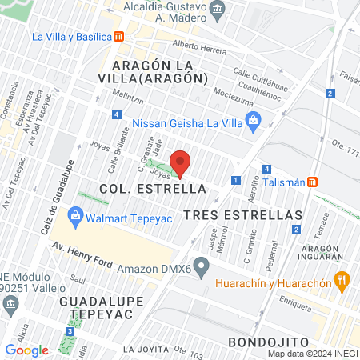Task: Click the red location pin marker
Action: pos(181,163)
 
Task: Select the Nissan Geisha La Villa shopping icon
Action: pos(254,122)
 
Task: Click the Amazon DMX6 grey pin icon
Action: pos(202,266)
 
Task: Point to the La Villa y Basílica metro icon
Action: pos(118,36)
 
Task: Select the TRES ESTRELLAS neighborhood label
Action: pos(242,215)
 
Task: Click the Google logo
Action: pos(26,350)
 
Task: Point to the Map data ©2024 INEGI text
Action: pos(312,353)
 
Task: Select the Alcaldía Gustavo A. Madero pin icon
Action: pos(218,12)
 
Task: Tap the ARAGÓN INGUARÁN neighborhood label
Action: pos(324,254)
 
